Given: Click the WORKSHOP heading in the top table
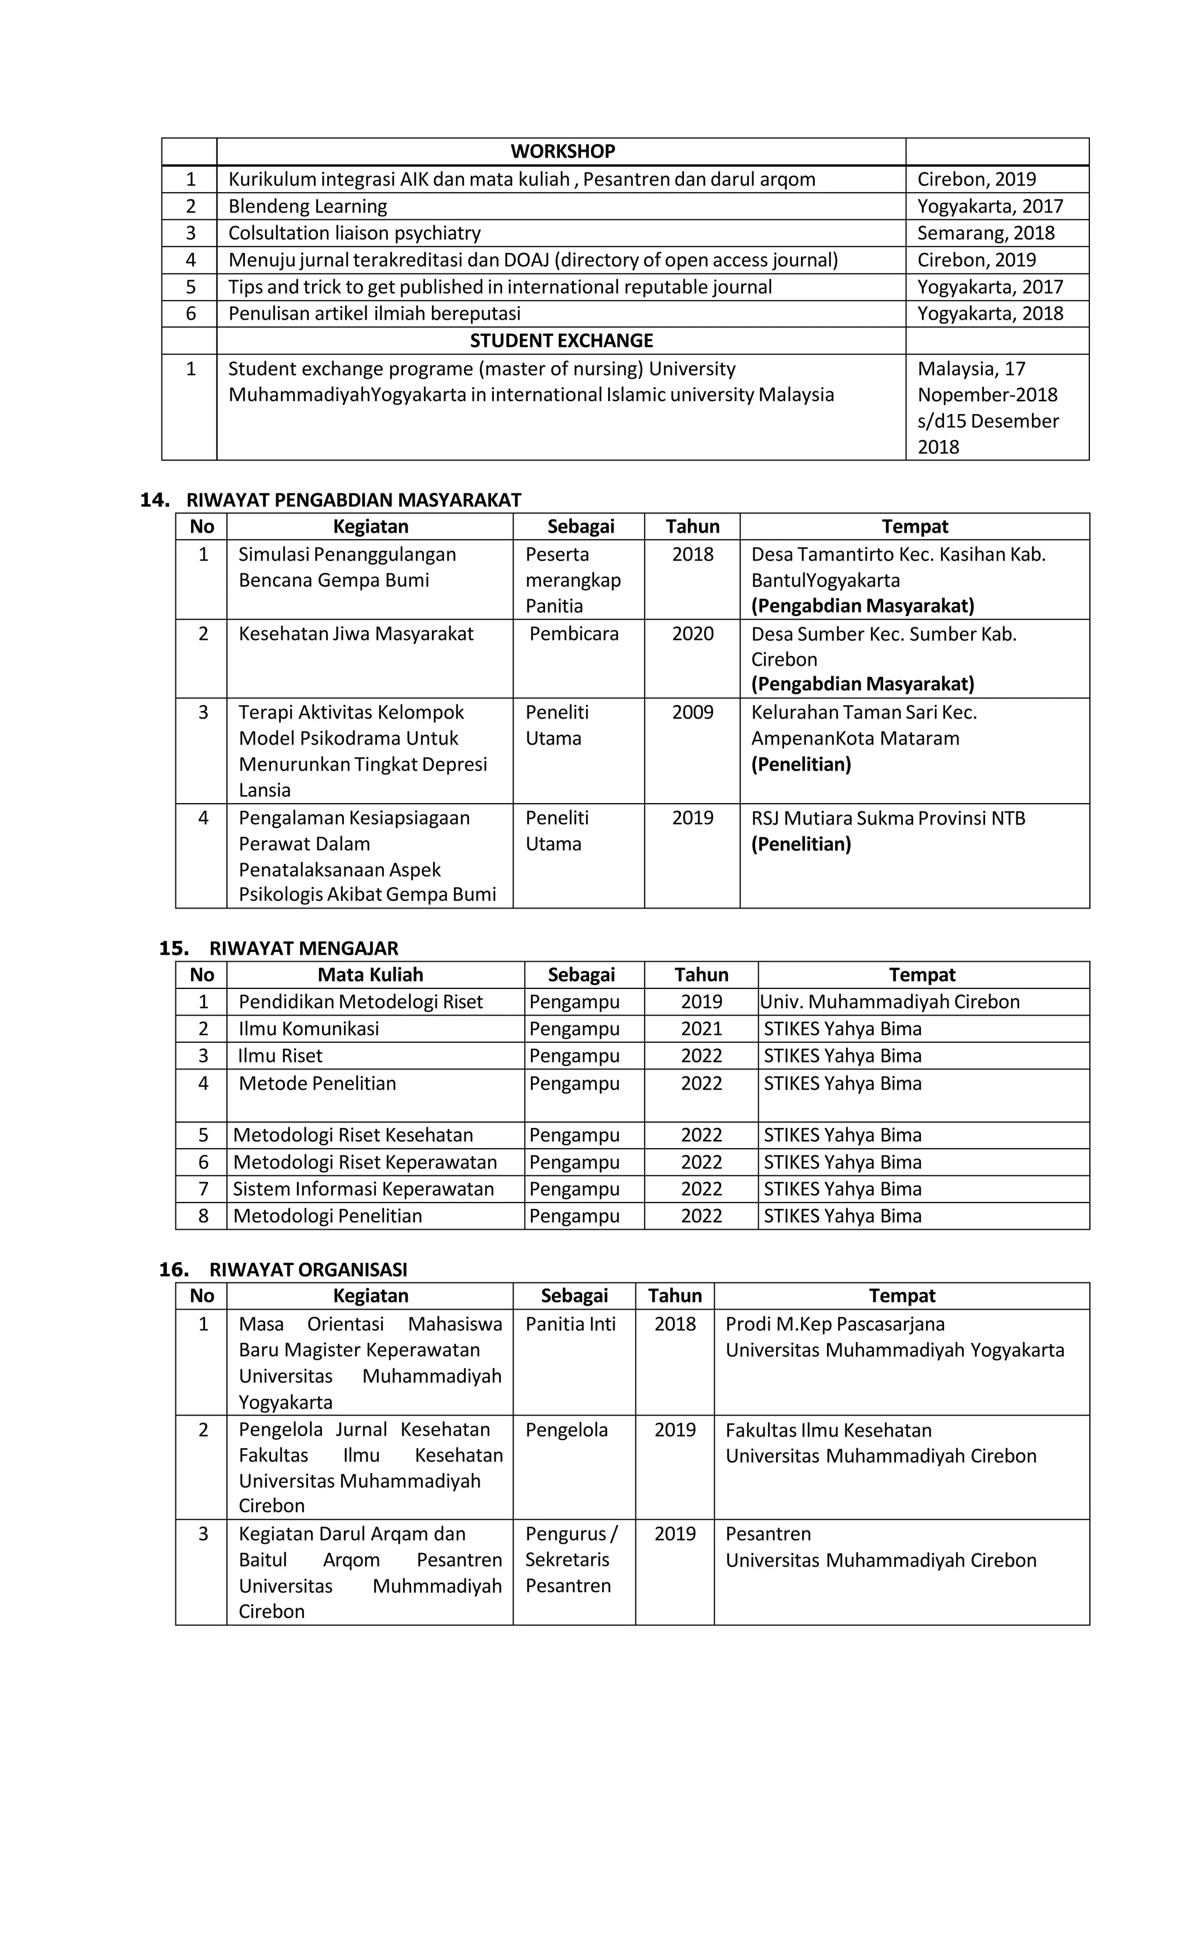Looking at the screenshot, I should (562, 151).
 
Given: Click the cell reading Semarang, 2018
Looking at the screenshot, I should (986, 233).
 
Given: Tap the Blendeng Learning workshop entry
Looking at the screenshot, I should (308, 206).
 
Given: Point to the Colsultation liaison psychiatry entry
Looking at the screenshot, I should (354, 233).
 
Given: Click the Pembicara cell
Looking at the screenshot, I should (573, 633).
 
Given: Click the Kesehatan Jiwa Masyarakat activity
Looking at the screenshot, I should (356, 633).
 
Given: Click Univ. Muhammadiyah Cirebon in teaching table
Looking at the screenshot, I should (889, 1001).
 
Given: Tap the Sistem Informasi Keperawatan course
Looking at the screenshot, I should (363, 1188).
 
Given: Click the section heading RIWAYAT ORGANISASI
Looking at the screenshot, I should (308, 1269).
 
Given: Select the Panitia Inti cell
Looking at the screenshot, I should (570, 1324).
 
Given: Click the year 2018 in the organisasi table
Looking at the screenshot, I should (675, 1324).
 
